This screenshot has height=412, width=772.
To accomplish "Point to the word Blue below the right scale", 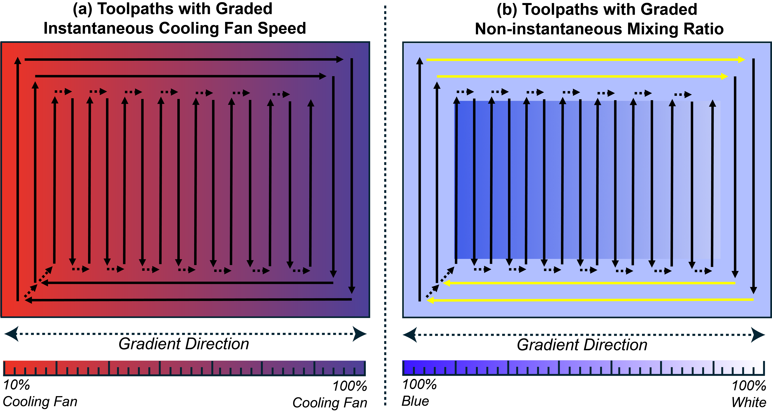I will [415, 401].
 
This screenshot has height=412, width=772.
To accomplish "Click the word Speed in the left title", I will [282, 28].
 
